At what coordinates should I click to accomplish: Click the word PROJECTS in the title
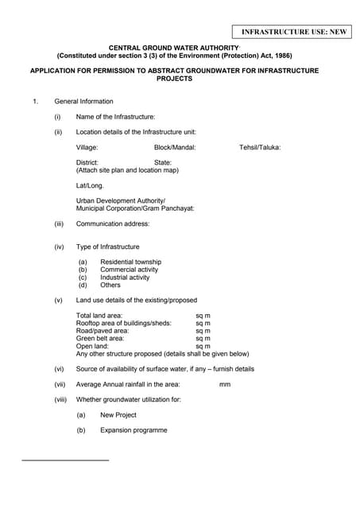coord(174,79)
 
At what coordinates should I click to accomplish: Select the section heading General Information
coord(83,101)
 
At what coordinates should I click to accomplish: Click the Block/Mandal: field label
coord(175,147)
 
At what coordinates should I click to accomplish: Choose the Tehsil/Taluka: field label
coord(260,147)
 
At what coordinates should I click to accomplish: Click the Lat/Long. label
coord(90,185)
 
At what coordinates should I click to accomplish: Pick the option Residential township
coord(130,262)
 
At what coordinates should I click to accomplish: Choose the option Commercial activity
coord(129,270)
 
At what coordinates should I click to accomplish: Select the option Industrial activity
coord(125,278)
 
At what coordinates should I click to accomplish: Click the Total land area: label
coord(99,316)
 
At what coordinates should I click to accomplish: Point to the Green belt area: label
coord(99,339)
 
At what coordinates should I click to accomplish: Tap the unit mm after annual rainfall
coord(224,384)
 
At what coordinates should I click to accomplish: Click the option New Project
coord(118,414)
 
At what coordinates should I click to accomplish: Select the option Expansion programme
coord(134,430)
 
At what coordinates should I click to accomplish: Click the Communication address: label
coord(112,223)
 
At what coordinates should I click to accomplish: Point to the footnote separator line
coord(65,460)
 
